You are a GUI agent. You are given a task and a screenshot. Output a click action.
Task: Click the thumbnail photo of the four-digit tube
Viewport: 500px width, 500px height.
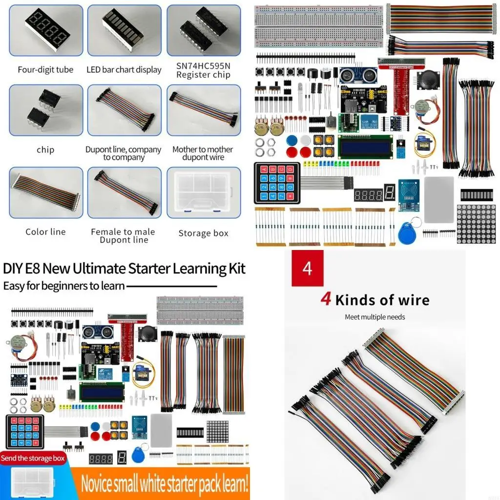coord(46,30)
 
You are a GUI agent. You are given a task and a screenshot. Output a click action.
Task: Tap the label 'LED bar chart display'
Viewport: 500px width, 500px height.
coord(124,70)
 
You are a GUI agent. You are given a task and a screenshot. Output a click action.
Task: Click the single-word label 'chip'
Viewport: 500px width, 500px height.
coord(45,149)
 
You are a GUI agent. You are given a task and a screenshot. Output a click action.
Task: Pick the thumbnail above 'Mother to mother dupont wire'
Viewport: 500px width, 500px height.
coord(204,110)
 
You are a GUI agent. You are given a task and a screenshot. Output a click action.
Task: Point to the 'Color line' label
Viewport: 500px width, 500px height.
coord(45,232)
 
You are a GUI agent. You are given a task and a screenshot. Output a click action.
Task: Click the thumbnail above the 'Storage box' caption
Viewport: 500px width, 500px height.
coord(204,192)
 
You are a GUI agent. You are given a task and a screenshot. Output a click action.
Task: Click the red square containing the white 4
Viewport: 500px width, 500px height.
coord(307,269)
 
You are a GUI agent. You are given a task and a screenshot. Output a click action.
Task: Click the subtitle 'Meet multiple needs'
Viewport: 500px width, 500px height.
coord(375,317)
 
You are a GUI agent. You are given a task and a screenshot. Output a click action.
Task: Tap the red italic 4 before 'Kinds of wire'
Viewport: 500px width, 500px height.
coord(326,299)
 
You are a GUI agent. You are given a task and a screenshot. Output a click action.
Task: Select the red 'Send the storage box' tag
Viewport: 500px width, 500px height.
coord(33,458)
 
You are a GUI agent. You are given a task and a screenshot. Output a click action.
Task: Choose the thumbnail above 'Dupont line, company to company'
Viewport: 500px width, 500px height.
coord(124,110)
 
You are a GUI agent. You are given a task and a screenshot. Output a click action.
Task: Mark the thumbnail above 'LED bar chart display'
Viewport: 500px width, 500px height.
coord(124,30)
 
